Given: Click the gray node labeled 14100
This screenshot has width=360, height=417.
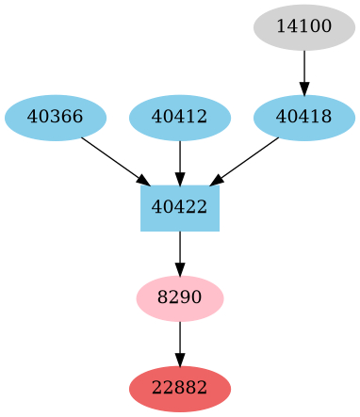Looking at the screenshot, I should tap(304, 27).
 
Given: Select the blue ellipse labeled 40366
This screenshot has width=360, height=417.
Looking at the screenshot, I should tap(56, 118).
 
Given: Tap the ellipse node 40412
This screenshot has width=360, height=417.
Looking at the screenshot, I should tap(180, 118).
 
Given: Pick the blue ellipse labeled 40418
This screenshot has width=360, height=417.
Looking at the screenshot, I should tap(304, 118).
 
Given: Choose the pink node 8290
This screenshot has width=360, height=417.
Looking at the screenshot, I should tap(180, 298).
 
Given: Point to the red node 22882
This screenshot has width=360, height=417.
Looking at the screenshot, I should tap(180, 389).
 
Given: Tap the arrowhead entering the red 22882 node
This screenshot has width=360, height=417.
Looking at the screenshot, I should tap(180, 360).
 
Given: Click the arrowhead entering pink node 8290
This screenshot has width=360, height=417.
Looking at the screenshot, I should tap(180, 269).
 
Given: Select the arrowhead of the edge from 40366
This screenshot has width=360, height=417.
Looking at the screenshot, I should tap(143, 180).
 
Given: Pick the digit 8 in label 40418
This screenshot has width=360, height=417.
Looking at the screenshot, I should tap(326, 118).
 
